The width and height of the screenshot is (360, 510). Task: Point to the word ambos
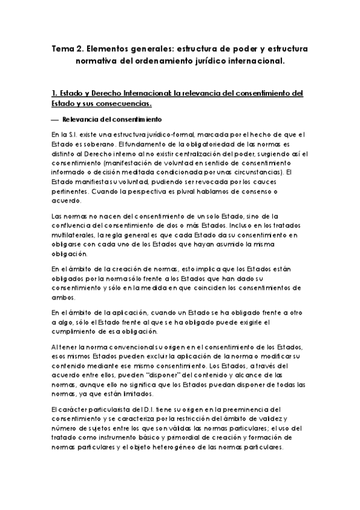point(63,298)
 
